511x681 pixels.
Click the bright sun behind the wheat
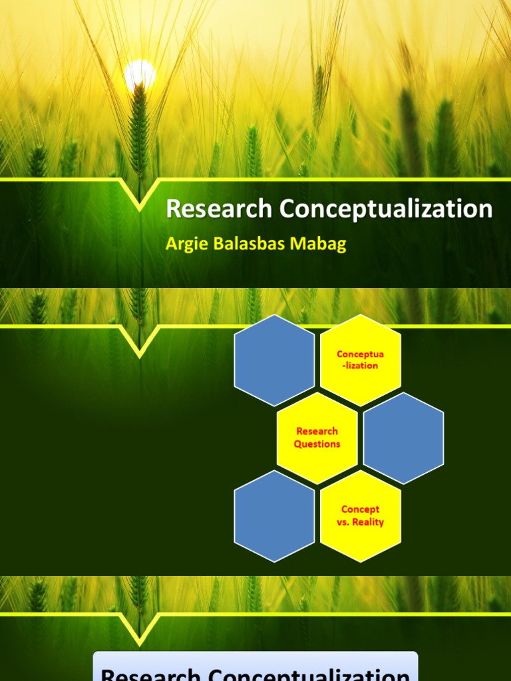(x=140, y=72)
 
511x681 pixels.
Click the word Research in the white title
(x=219, y=209)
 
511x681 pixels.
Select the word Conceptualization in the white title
(x=386, y=209)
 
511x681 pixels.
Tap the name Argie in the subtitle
(x=184, y=244)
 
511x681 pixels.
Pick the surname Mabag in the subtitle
(x=323, y=244)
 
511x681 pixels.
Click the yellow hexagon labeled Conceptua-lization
(x=360, y=360)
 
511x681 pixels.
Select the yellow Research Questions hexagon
(x=317, y=438)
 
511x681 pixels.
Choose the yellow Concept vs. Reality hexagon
(x=360, y=516)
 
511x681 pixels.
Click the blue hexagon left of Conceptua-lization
(x=274, y=360)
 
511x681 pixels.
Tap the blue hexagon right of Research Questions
(x=403, y=438)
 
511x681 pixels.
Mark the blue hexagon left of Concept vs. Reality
(x=274, y=516)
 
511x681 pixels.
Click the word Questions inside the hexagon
(x=317, y=444)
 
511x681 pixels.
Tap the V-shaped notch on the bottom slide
(x=140, y=631)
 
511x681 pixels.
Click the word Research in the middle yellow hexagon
(x=317, y=431)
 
